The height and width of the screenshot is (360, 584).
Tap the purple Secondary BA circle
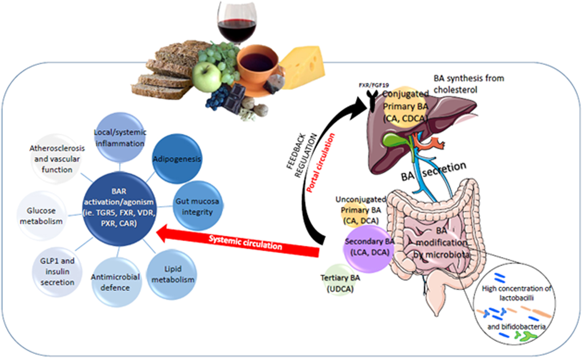pyautogui.click(x=367, y=247)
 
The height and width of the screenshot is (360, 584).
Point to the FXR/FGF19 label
pyautogui.click(x=370, y=88)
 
